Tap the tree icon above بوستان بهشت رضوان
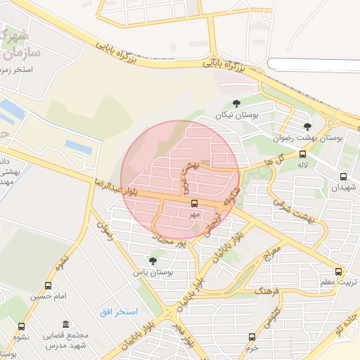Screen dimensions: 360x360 307,127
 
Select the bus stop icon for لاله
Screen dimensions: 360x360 302,154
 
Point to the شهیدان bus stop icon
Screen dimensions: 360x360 343,177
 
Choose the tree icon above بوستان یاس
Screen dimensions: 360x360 153,261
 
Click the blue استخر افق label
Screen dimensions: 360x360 117,310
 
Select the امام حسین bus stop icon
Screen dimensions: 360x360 48,285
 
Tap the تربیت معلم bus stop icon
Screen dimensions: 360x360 339,271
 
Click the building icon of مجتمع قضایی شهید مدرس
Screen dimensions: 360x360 65,325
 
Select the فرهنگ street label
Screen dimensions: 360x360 268,290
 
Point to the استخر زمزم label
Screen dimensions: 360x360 27,70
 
